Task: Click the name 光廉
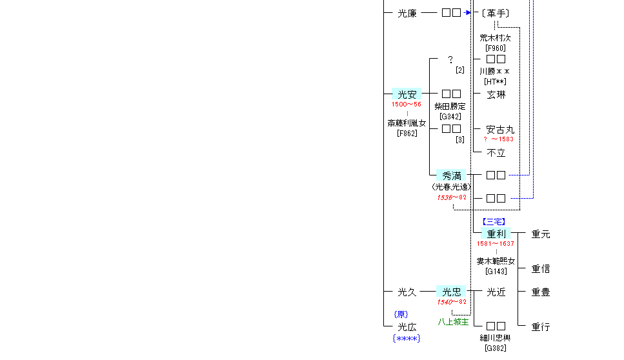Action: (407, 12)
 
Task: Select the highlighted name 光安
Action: (407, 94)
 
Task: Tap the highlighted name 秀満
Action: (451, 175)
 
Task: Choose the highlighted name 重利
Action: (496, 234)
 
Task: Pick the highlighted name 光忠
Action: (451, 292)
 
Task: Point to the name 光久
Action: (407, 292)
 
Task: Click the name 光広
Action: (407, 327)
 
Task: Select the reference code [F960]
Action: (496, 48)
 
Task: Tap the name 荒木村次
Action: (496, 38)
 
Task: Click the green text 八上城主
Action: (453, 322)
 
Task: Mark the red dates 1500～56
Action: (407, 105)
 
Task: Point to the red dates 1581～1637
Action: (496, 244)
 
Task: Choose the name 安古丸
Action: (500, 129)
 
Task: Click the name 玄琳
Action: (496, 94)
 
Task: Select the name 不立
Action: (496, 153)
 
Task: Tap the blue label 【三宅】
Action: (496, 222)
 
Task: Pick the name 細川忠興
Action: (496, 337)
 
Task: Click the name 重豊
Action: (541, 292)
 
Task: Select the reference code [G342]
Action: (450, 116)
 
